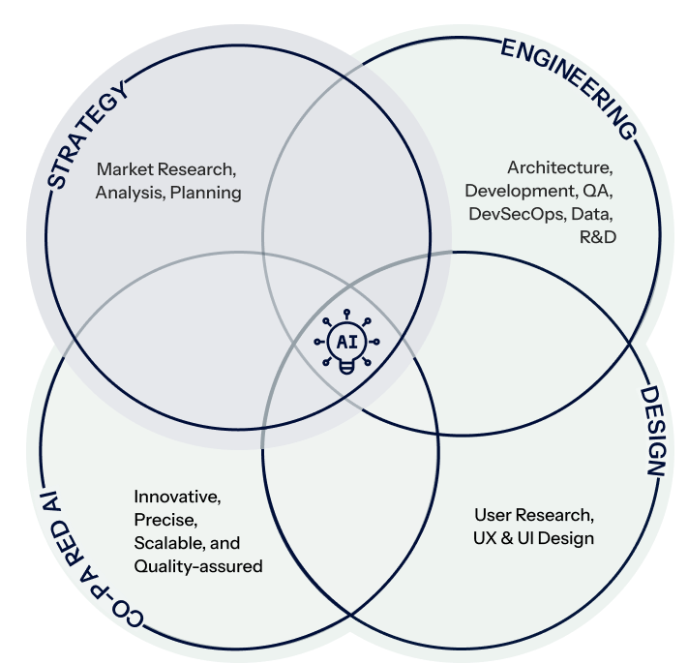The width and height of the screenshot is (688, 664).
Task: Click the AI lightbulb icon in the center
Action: coord(345,343)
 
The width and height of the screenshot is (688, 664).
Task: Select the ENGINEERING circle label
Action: coord(570,88)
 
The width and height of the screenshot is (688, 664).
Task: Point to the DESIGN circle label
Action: coord(652,431)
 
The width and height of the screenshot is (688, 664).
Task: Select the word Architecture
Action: coord(560,166)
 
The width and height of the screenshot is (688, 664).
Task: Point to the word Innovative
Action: coord(177,498)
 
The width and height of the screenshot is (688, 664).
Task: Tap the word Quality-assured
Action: coord(197,566)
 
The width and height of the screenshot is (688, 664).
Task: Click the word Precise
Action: coord(161,521)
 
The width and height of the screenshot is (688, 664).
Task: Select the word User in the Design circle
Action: coord(494,514)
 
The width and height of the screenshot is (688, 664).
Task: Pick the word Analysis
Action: coord(130,192)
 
